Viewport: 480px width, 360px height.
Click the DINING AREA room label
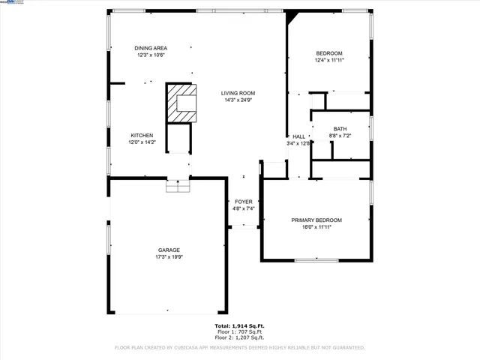point(151,47)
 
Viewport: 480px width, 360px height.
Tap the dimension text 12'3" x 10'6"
point(151,55)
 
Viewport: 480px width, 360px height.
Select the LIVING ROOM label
point(238,93)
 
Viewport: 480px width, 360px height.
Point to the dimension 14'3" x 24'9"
point(238,100)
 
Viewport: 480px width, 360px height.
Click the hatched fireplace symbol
point(181,103)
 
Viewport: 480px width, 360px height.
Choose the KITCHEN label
point(142,135)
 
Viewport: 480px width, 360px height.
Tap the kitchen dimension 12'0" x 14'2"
point(142,142)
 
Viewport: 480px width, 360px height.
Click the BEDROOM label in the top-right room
point(328,52)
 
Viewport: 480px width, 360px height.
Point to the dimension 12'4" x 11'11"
point(328,60)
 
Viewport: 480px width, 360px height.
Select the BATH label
point(340,128)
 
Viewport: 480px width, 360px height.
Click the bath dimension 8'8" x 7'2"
point(340,136)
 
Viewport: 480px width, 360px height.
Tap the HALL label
point(298,136)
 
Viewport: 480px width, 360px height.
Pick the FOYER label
point(244,202)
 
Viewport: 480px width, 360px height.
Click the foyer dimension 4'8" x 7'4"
point(244,209)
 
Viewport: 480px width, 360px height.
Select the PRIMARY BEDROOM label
point(316,220)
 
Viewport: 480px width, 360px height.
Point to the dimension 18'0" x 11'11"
point(316,227)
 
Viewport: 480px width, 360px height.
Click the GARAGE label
point(168,250)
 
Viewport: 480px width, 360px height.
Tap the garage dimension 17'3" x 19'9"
point(168,257)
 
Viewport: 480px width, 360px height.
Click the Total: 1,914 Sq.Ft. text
point(239,326)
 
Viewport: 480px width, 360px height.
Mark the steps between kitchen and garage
point(178,185)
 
